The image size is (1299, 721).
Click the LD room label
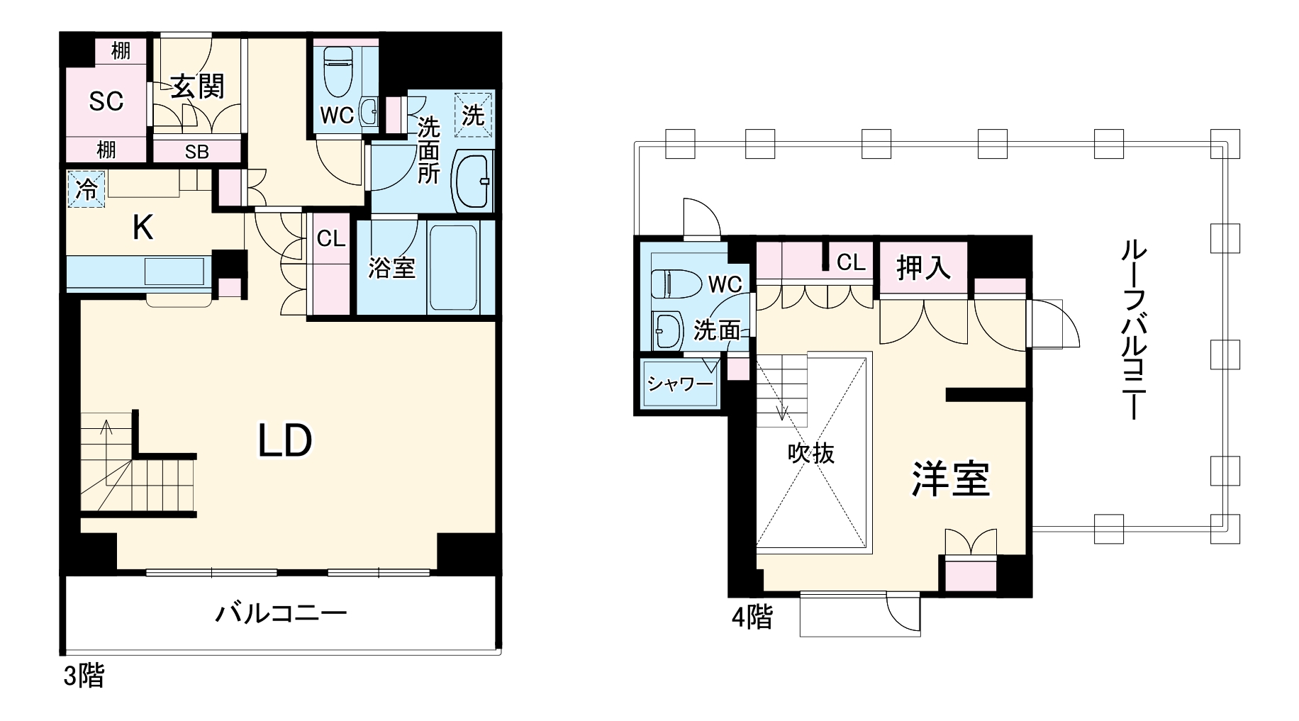284,441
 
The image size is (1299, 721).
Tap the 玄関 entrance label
198,87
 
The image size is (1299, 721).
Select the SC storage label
106,102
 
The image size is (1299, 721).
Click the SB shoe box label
197,152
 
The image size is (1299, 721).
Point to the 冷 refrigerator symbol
87,189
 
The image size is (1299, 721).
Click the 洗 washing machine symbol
473,113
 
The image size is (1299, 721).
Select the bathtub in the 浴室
452,268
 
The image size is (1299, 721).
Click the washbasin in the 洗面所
472,181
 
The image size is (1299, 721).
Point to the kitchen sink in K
174,272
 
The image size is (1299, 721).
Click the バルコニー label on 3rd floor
281,613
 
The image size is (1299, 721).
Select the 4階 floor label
752,617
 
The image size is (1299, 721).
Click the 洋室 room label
950,479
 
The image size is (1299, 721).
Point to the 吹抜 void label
811,453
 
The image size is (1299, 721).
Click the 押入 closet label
923,268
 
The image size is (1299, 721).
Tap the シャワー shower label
680,384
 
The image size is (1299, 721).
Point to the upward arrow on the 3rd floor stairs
107,427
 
